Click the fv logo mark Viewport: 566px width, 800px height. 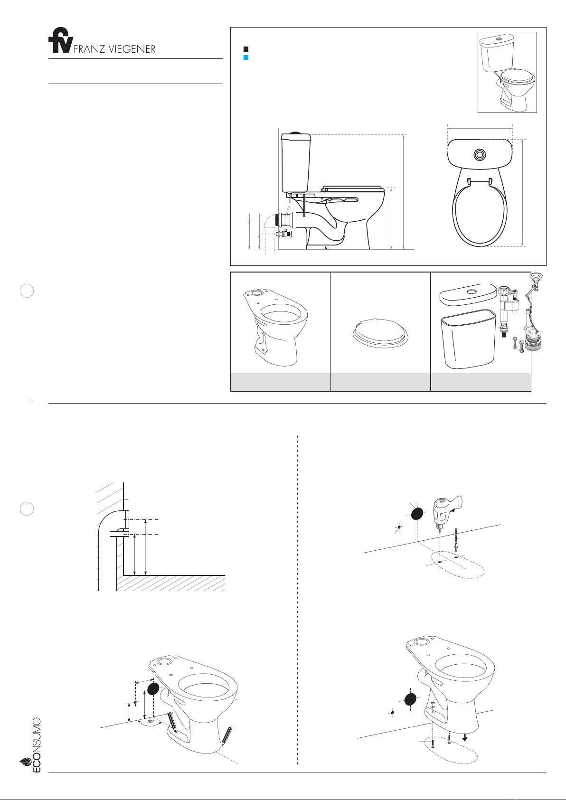[x=61, y=40]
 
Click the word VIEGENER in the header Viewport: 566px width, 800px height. [x=132, y=49]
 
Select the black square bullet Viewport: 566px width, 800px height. [x=245, y=49]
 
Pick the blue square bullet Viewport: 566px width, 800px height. [x=245, y=57]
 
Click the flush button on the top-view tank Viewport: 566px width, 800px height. [x=480, y=154]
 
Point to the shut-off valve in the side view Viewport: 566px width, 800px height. [x=284, y=234]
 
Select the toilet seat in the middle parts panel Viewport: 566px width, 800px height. [x=381, y=333]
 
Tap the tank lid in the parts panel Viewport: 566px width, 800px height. [x=468, y=295]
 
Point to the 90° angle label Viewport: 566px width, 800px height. [x=151, y=722]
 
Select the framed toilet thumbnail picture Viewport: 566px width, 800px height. [x=507, y=73]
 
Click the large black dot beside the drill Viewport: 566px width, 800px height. [x=417, y=514]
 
